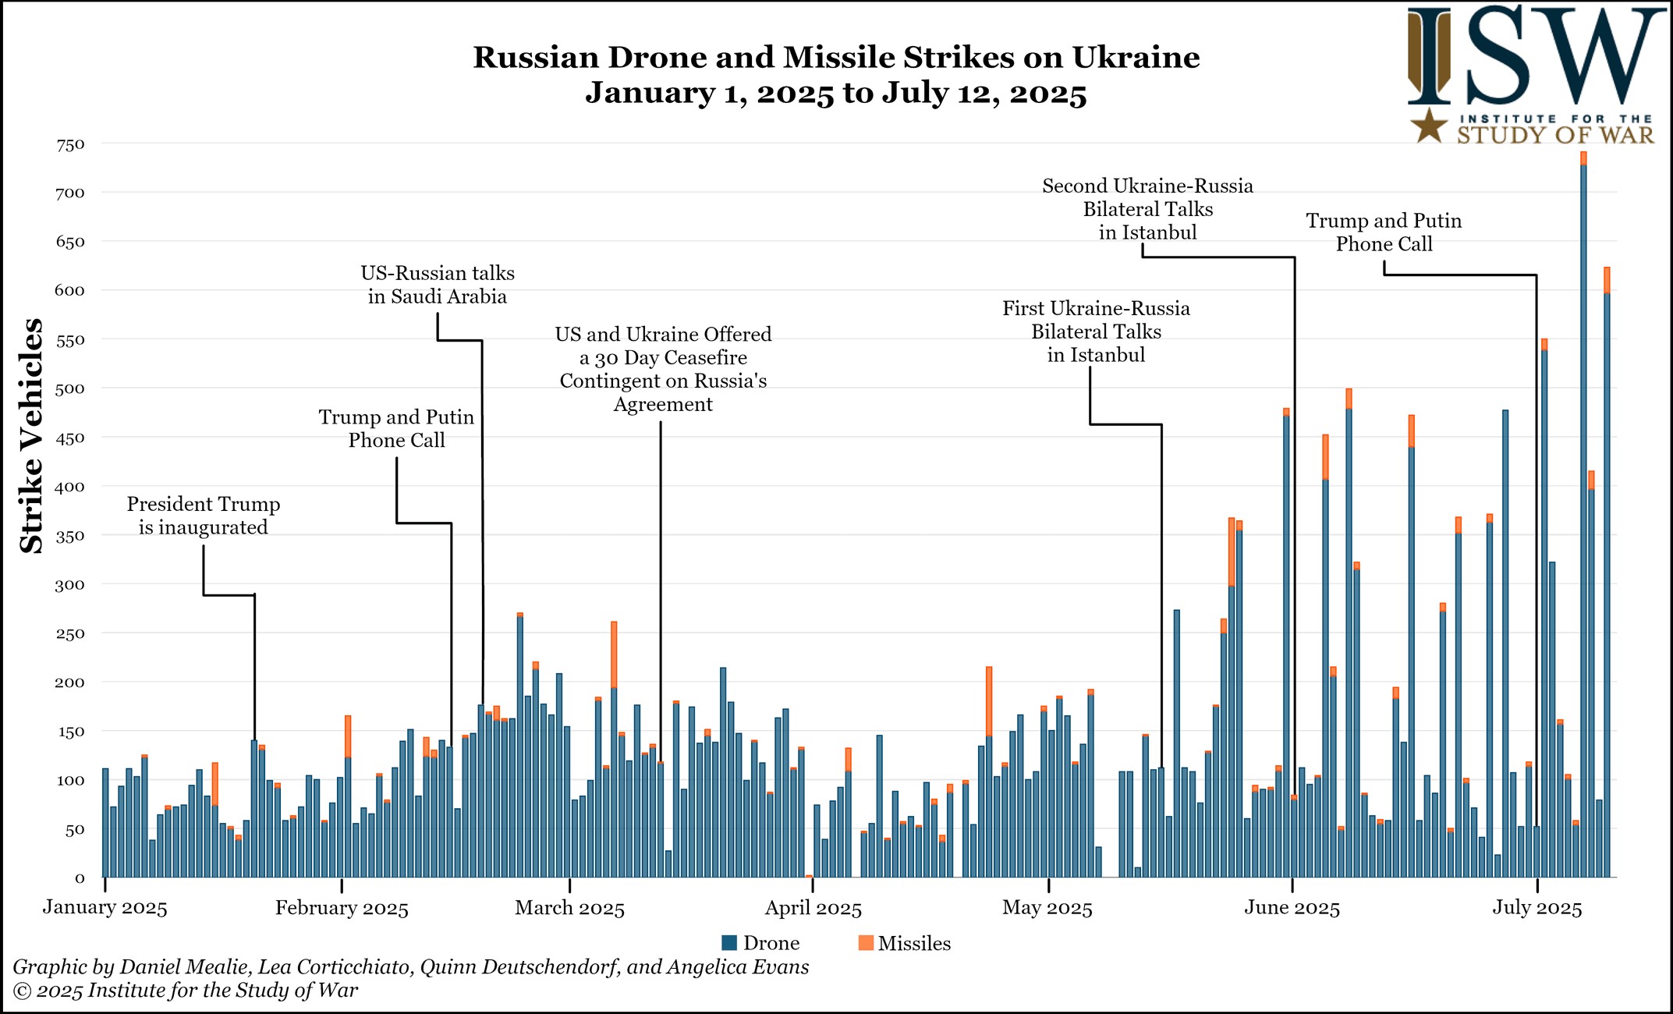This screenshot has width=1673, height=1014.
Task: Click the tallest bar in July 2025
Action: click(1583, 515)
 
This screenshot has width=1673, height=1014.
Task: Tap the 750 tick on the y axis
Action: click(70, 145)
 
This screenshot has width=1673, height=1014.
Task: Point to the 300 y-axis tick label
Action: click(70, 585)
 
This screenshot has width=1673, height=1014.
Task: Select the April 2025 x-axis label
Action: click(813, 909)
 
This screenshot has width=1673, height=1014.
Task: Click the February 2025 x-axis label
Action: click(342, 909)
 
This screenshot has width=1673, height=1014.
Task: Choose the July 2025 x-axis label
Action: click(1537, 909)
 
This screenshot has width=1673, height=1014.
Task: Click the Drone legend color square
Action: click(729, 943)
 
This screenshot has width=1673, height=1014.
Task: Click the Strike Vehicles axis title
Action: click(31, 437)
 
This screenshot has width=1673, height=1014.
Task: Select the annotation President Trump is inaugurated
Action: click(204, 516)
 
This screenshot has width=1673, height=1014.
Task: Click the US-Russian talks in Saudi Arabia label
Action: click(438, 285)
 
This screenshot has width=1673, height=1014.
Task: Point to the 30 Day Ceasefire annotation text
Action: click(663, 369)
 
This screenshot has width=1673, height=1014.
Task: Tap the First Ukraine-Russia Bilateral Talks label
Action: click(1096, 331)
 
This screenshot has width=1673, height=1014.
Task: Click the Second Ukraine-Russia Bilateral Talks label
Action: click(1147, 209)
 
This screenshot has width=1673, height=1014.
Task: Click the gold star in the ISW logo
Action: click(1430, 126)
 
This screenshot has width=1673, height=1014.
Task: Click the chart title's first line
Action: click(836, 58)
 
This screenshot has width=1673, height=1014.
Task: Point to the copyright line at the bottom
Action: click(186, 991)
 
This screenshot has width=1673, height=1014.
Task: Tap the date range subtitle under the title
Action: click(836, 94)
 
